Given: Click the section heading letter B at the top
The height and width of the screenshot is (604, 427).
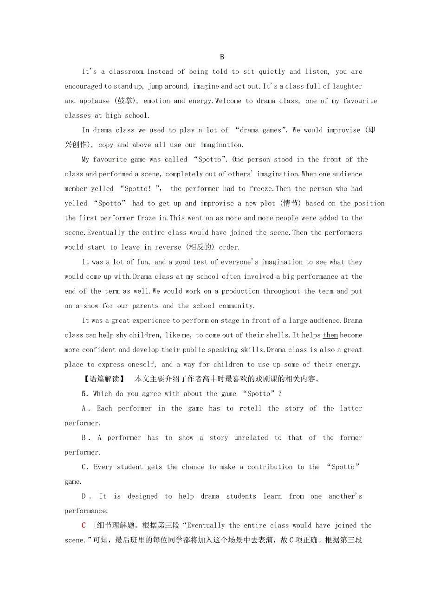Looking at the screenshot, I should pos(222,57).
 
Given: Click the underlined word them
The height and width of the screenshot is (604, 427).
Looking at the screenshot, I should pos(330,335).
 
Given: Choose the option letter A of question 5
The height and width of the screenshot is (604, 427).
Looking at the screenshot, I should pos(84,409).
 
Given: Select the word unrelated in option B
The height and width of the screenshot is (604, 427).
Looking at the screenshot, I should pos(251,438).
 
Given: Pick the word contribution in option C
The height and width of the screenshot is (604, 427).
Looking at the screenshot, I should pos(270,467).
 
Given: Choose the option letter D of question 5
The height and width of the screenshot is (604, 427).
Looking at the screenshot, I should pos(84,496).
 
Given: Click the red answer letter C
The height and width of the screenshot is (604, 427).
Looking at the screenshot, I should pos(84,526).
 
